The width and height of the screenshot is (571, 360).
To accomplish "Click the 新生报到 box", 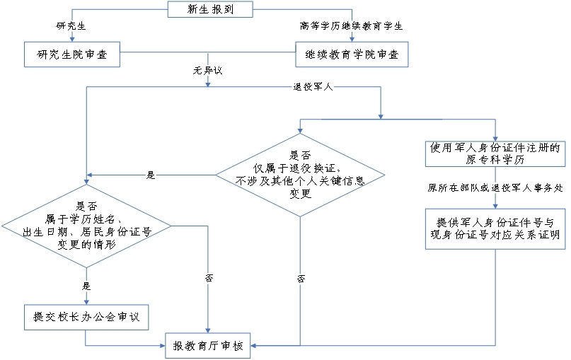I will click(209, 10).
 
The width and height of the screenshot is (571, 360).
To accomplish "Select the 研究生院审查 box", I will click(71, 54).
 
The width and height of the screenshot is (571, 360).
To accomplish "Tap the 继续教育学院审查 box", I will click(351, 54).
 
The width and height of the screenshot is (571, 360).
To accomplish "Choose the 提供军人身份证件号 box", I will click(495, 228).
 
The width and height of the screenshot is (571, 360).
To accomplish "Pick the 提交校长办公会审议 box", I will click(86, 317).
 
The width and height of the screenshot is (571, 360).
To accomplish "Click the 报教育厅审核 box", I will click(208, 346).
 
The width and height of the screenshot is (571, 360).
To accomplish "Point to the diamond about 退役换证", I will click(300, 174).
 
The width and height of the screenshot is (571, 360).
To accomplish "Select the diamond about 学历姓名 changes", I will click(86, 226).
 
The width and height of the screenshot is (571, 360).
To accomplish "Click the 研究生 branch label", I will click(71, 26).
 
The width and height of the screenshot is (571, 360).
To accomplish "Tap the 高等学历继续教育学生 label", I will click(351, 26).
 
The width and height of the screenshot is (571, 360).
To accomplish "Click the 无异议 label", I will click(207, 71).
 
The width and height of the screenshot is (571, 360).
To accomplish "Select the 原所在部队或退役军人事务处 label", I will click(495, 188).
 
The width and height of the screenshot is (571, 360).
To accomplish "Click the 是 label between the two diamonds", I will click(150, 174).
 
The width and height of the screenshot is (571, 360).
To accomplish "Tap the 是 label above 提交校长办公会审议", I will click(87, 286).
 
